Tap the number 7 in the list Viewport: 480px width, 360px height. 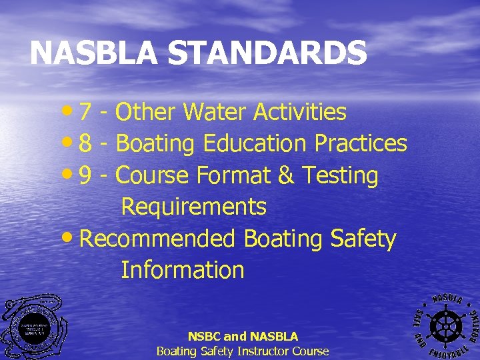click(x=85, y=113)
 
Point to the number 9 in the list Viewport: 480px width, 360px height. click(x=85, y=176)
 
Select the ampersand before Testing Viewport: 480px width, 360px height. click(x=286, y=176)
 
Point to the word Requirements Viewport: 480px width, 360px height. click(x=193, y=207)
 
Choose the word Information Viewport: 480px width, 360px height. click(x=182, y=271)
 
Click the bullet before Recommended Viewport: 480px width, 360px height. click(x=72, y=239)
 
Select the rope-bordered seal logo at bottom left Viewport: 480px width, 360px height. click(x=33, y=327)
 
